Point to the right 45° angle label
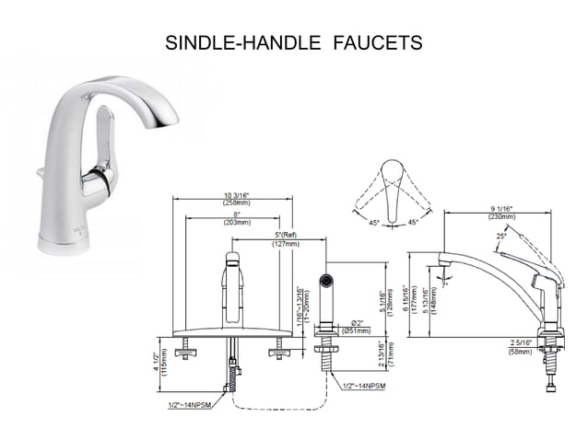pyautogui.click(x=413, y=222)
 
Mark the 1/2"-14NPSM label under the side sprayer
pyautogui.click(x=366, y=384)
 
